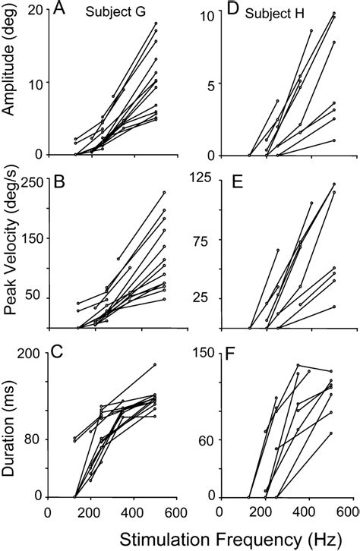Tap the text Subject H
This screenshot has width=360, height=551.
pos(276,14)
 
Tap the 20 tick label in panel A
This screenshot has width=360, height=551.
pos(33,10)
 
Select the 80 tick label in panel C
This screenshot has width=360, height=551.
pos(33,439)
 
